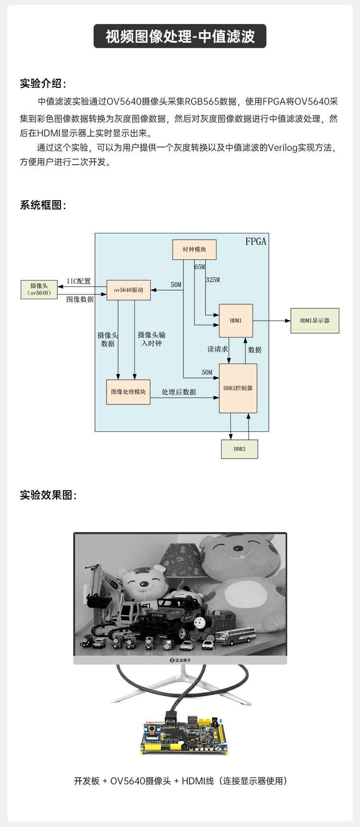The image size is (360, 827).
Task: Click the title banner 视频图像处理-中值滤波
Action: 180,36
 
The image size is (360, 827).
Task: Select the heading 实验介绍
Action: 43,84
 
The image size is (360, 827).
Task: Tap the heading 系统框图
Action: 43,205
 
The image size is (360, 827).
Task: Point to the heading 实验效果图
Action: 48,495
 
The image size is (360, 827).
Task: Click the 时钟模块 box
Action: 194,250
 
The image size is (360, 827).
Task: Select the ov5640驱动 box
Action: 128,290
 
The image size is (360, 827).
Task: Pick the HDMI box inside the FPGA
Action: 236,320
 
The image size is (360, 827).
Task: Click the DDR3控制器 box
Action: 238,388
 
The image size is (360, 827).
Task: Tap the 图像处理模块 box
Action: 128,392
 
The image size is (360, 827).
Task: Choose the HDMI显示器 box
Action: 315,321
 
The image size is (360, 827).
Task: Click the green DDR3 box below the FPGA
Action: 240,449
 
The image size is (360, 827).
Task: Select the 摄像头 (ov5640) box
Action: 39,289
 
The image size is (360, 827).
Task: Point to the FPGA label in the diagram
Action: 256,241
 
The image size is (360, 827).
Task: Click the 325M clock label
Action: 213,280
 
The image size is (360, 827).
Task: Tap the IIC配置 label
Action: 79,281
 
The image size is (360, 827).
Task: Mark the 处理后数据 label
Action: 179,392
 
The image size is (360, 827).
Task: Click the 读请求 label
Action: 217,349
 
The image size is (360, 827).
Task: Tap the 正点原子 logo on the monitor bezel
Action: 180,660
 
